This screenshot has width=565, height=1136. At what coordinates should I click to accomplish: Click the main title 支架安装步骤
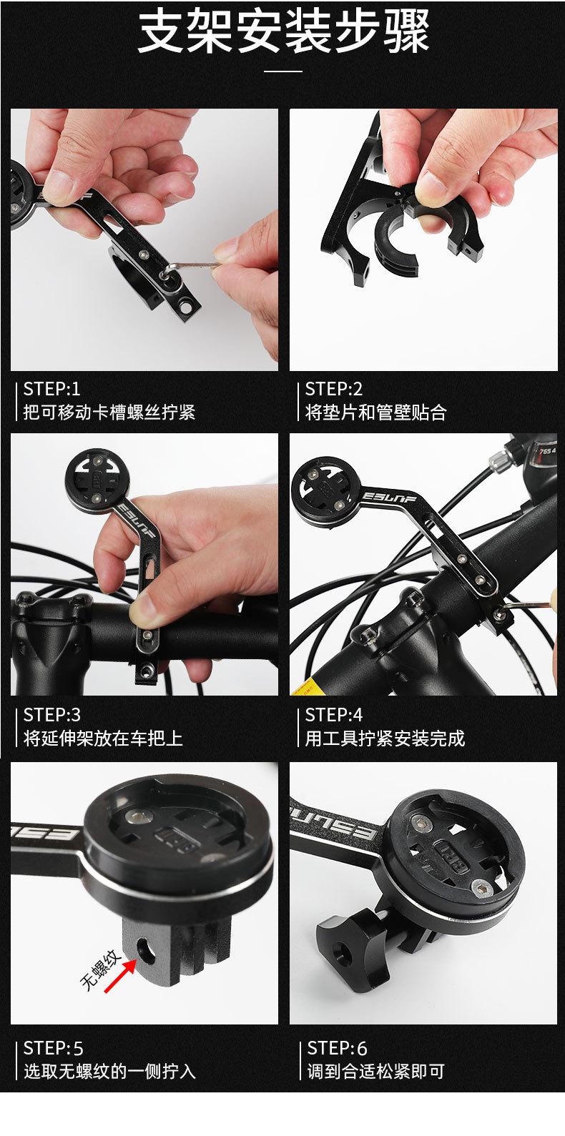point(283,31)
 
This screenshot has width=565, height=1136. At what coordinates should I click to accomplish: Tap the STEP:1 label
point(51,389)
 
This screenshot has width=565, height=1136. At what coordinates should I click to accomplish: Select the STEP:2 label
point(334,389)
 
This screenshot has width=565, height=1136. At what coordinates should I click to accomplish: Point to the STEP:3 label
point(51,715)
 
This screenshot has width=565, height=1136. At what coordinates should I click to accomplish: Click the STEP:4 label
point(334,715)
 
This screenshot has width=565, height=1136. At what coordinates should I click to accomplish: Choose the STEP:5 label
point(53,1048)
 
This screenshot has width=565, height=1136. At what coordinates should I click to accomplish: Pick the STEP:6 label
point(337,1048)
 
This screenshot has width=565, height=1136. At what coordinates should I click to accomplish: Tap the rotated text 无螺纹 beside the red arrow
point(101,969)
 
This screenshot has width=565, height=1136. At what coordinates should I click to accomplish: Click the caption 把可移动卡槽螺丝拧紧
point(109,412)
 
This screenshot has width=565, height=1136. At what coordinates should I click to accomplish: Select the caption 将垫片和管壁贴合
point(375,413)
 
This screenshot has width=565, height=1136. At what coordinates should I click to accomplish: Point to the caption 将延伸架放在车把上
point(103,739)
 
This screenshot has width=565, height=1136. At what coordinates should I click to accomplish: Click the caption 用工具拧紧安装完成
point(385,739)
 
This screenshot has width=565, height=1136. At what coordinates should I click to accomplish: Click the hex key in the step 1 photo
point(192,267)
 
